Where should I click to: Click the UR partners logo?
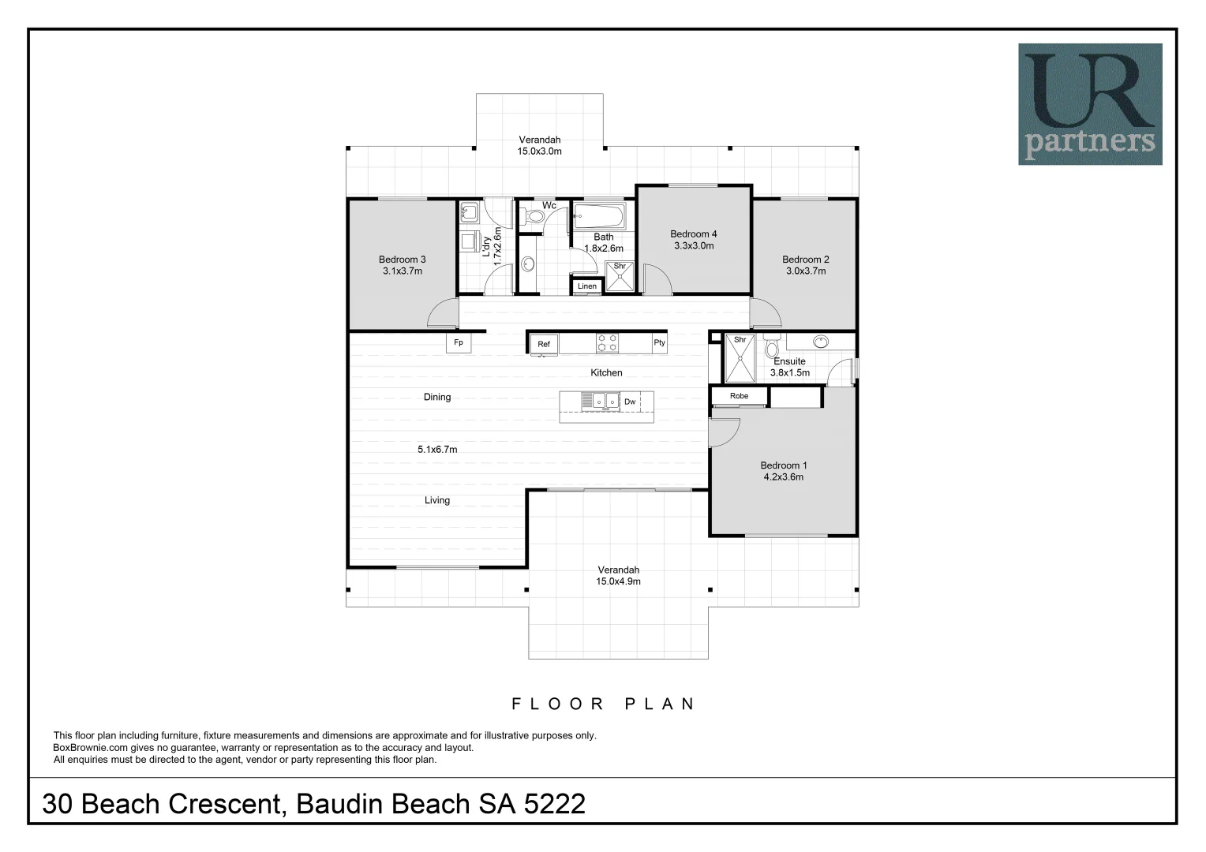[1090, 104]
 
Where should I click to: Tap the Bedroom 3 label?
[403, 260]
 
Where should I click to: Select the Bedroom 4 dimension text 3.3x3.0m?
[694, 246]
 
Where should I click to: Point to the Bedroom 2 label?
[806, 260]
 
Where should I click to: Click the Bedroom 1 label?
[784, 465]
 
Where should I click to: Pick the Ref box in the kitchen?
[544, 344]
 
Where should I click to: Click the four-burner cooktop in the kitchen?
[607, 343]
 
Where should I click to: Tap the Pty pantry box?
[660, 343]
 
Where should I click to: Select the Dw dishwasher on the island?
[630, 402]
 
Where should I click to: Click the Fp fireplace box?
[459, 343]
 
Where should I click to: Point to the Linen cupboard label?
[587, 286]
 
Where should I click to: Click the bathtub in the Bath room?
[599, 216]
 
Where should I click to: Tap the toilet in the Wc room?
[533, 217]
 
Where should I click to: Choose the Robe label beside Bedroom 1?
[740, 396]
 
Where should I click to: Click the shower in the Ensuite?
[740, 358]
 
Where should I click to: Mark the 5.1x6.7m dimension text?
[438, 450]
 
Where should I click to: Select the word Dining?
[437, 397]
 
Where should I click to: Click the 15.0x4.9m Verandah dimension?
[618, 581]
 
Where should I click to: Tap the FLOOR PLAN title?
[604, 704]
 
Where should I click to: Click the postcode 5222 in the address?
[555, 804]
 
